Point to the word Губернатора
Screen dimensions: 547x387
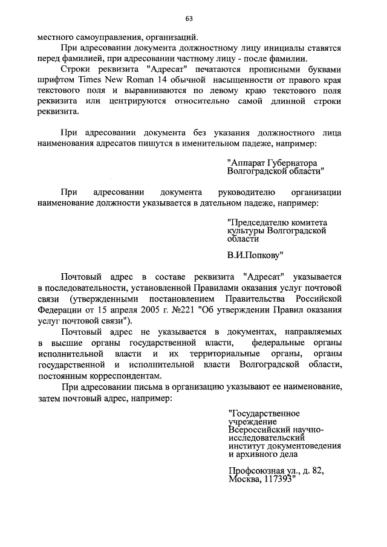[291, 163]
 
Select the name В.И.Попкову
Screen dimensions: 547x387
[255, 255]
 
